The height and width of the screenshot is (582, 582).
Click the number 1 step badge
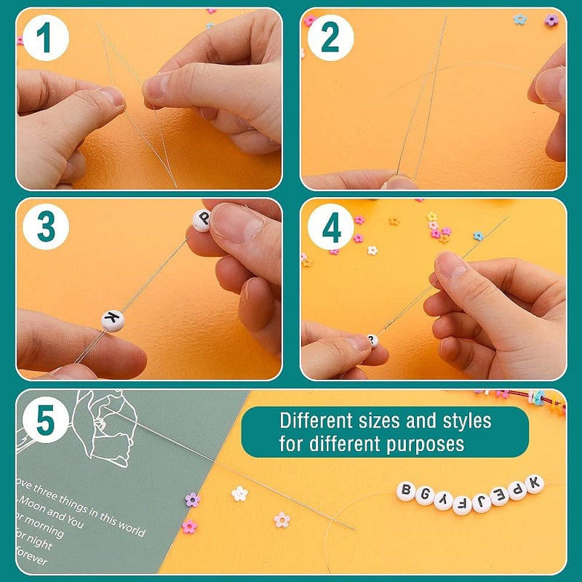44,38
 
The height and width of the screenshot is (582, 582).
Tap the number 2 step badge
330,38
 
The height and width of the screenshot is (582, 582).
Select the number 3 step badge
46,228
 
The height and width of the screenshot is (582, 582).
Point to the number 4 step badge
331,228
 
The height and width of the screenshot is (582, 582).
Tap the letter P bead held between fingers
202,220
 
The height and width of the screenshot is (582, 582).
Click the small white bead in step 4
372,340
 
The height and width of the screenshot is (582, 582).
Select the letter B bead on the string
406,490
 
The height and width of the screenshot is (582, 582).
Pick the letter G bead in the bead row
425,496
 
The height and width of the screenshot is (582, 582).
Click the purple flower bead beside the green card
192,500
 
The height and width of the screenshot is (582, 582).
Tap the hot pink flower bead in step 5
190,526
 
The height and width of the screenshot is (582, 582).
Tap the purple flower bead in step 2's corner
551,20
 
